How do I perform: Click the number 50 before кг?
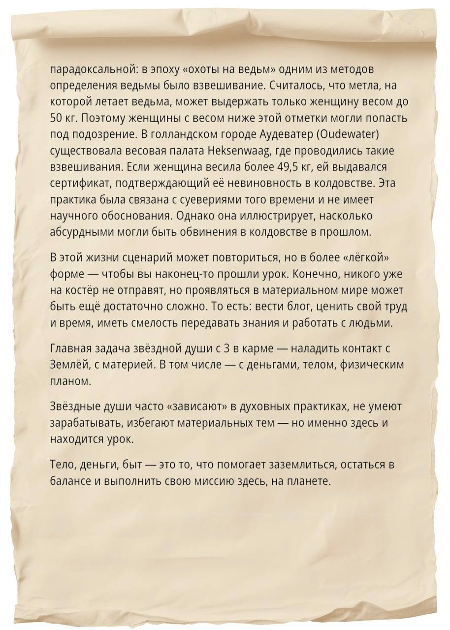coord(56,118)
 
